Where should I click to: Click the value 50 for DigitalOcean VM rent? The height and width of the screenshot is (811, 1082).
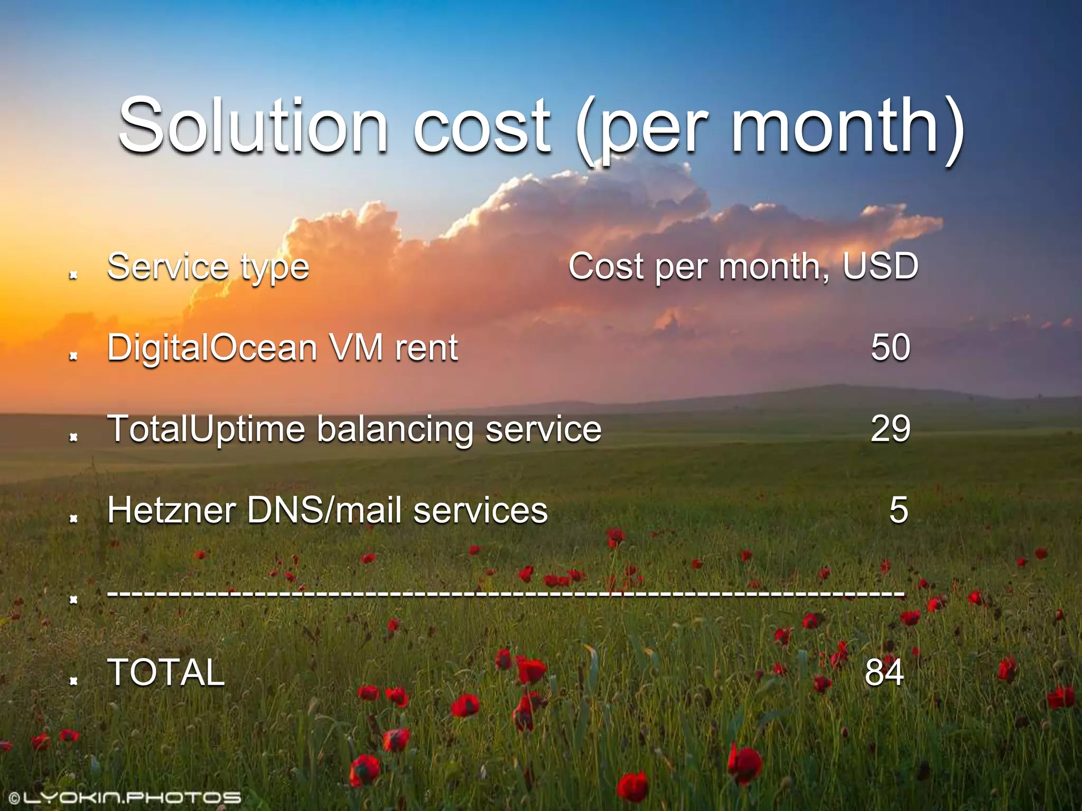coord(890,347)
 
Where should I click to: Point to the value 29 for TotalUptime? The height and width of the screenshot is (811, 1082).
coord(890,428)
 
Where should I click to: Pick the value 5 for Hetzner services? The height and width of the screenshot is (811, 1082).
coord(899,510)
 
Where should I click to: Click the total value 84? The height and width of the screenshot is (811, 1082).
coord(884,672)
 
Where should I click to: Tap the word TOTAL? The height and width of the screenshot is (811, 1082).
coord(166,672)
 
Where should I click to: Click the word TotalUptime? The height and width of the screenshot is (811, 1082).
coord(206,429)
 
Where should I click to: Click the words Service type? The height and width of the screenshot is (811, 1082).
coord(208,267)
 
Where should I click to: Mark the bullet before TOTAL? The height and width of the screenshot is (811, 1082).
coord(74,680)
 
